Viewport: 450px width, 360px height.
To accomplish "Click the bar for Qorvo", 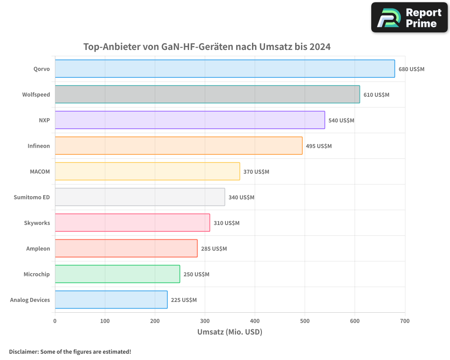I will (x=225, y=69).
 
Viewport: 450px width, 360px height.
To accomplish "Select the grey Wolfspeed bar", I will (x=207, y=94).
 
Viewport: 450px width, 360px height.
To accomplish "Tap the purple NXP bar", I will (x=189, y=120).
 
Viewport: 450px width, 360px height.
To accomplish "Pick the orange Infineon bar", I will (x=178, y=146).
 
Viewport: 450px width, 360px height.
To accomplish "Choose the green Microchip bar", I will (x=117, y=274).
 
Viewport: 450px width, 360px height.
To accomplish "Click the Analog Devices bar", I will (x=111, y=300).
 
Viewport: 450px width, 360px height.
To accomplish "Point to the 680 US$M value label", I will (x=411, y=69).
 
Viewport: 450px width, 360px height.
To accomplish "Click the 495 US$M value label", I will (x=319, y=146).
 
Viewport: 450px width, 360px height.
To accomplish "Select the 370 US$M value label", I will (x=256, y=172).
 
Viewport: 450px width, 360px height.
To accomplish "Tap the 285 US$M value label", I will (x=214, y=249).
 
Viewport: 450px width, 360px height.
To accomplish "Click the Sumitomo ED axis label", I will (x=32, y=197).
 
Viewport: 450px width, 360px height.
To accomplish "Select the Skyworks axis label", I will (x=37, y=223).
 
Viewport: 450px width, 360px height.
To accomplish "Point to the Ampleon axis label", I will (x=38, y=248).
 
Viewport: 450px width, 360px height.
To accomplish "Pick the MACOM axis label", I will (x=40, y=171).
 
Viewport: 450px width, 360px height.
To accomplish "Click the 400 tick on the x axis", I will (x=255, y=321).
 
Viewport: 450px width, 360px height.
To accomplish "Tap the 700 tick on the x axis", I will (x=405, y=321).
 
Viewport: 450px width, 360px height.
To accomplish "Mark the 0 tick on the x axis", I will (x=55, y=321).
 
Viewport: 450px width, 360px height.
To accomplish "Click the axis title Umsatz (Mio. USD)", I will (x=229, y=332).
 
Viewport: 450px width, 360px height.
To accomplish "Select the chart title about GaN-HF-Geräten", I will (x=207, y=47).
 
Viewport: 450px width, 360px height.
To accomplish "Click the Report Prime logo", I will (x=409, y=18).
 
